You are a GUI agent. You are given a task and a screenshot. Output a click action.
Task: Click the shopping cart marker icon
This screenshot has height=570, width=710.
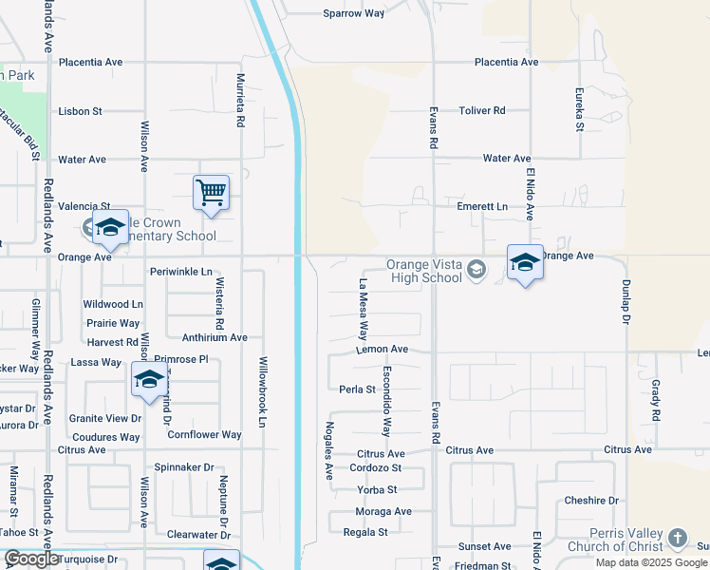211,192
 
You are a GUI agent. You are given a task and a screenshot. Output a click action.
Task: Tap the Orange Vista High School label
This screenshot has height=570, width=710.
423,272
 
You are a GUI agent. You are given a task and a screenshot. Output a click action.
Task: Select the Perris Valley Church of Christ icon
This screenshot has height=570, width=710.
677,539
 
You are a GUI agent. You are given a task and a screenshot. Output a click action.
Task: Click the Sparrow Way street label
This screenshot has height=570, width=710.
353,13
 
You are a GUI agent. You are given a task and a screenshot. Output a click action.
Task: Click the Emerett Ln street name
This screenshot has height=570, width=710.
482,206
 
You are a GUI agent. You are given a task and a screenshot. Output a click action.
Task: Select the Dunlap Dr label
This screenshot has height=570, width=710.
626,302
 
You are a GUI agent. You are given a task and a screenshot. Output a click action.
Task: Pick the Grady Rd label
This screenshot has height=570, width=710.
656,400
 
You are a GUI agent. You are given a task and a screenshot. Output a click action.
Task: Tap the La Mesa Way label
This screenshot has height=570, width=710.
363,309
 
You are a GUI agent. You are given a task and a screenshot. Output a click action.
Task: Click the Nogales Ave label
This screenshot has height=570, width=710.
329,450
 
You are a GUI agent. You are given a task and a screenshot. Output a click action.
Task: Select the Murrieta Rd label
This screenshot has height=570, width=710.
240,101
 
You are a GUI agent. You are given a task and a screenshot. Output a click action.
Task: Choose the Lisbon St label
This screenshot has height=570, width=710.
80,111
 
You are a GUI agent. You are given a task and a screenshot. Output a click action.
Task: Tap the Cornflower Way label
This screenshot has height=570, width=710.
204,435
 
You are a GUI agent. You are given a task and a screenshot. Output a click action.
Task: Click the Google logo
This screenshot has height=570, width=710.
30,559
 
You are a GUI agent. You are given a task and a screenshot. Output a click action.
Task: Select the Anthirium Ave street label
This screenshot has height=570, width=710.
215,337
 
